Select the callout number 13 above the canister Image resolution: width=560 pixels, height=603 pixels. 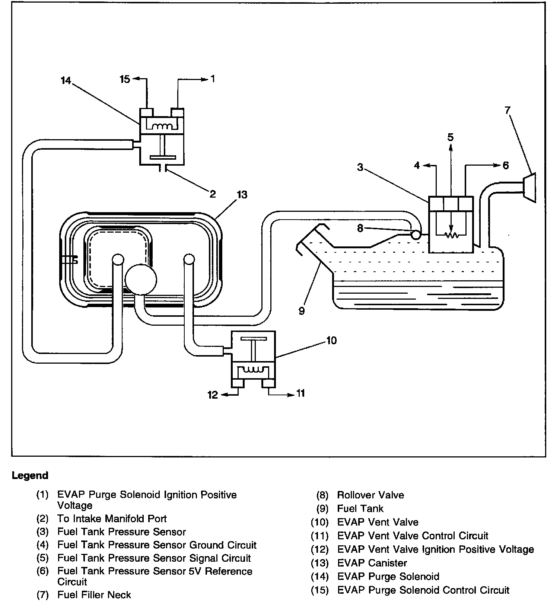coord(242,194)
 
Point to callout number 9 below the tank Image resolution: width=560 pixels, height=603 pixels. coord(302,311)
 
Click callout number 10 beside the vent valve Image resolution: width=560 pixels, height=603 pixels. coord(331,340)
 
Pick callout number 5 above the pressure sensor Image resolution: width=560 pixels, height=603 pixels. coord(451,137)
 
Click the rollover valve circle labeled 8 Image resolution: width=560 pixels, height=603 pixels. coord(416,234)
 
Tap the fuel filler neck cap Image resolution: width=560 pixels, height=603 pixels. coord(529,188)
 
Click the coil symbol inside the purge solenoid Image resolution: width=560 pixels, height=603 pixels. coord(162,126)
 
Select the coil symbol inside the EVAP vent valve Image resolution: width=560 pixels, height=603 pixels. coord(253,370)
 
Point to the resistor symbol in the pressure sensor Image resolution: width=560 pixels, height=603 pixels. coord(451,235)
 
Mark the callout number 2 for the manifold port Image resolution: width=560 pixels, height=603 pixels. coord(213,194)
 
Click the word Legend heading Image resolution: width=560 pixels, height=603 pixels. coord(30,475)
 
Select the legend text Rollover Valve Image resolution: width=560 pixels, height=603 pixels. coord(370,495)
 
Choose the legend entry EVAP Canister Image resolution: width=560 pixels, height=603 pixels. coord(372,563)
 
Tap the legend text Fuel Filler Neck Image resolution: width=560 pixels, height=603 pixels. coord(94,595)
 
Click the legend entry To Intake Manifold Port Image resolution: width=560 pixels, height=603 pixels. coord(112,519)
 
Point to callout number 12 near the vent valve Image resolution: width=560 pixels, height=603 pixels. coord(213,395)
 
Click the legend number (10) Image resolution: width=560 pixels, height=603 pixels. coord(320,522)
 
